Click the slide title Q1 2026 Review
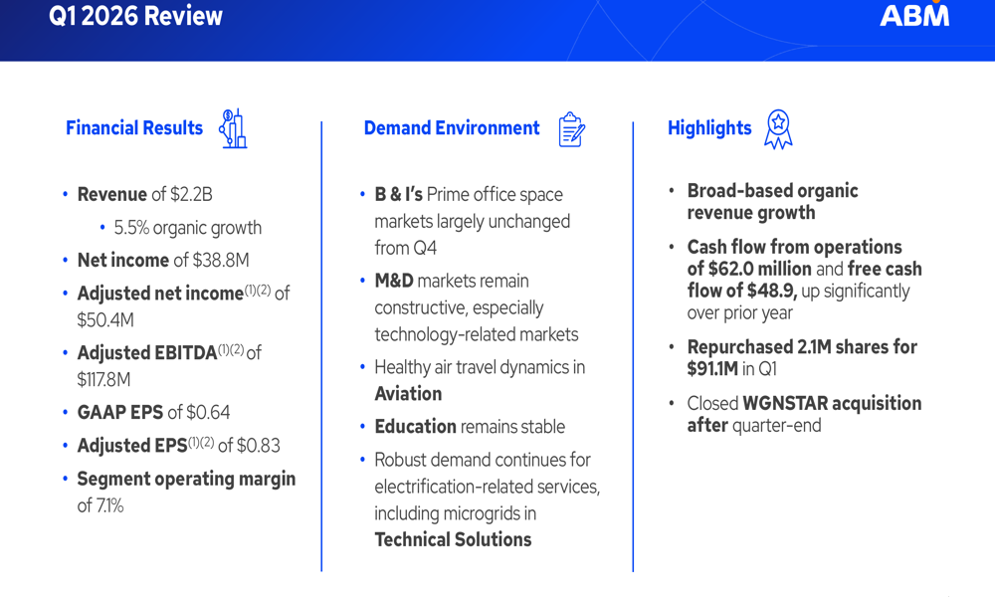click(135, 16)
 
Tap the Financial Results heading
click(133, 128)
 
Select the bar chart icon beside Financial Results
click(233, 129)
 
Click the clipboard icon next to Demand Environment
click(571, 129)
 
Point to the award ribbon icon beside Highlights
click(778, 129)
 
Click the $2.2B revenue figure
click(192, 194)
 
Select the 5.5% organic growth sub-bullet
click(189, 227)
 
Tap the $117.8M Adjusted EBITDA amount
click(103, 379)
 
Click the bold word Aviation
click(408, 393)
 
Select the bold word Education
click(415, 426)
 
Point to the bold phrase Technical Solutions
click(453, 539)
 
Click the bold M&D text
click(395, 281)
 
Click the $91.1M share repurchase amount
click(712, 369)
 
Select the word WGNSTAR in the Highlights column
click(785, 403)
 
